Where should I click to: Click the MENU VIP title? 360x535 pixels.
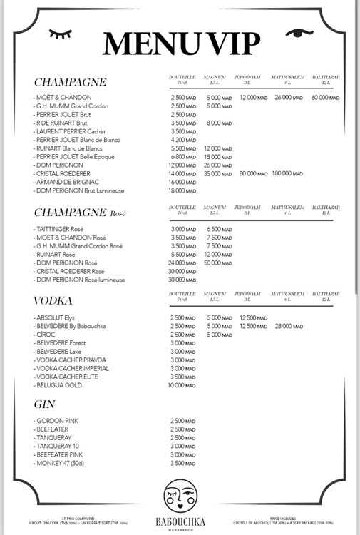[180, 44]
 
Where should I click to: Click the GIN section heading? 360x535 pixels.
[44, 404]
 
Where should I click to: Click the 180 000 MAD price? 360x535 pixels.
[287, 174]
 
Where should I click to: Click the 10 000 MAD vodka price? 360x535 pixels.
[182, 385]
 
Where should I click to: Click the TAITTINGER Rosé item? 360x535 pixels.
[63, 229]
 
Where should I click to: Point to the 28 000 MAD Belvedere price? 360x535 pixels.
[287, 326]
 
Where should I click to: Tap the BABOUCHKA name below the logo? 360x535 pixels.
[179, 521]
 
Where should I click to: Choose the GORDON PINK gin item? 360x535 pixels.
[56, 421]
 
